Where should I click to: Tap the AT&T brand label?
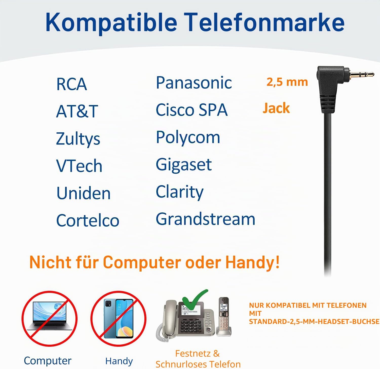point(77,111)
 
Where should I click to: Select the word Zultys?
point(78,139)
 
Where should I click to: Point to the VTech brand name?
point(79,166)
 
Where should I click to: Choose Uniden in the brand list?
point(83,193)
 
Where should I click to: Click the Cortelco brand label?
point(88,220)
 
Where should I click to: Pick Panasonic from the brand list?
point(194,83)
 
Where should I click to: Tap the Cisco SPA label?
point(192,110)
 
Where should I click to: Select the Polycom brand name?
point(188,138)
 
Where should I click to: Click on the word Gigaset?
point(184,165)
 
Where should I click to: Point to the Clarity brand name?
point(180,192)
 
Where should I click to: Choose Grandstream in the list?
point(205,219)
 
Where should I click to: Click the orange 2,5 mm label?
point(287,82)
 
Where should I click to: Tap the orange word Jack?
point(276,108)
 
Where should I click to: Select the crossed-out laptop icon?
point(49,318)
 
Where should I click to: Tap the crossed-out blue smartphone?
point(118,318)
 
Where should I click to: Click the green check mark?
point(195,300)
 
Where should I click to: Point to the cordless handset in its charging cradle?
point(224,316)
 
